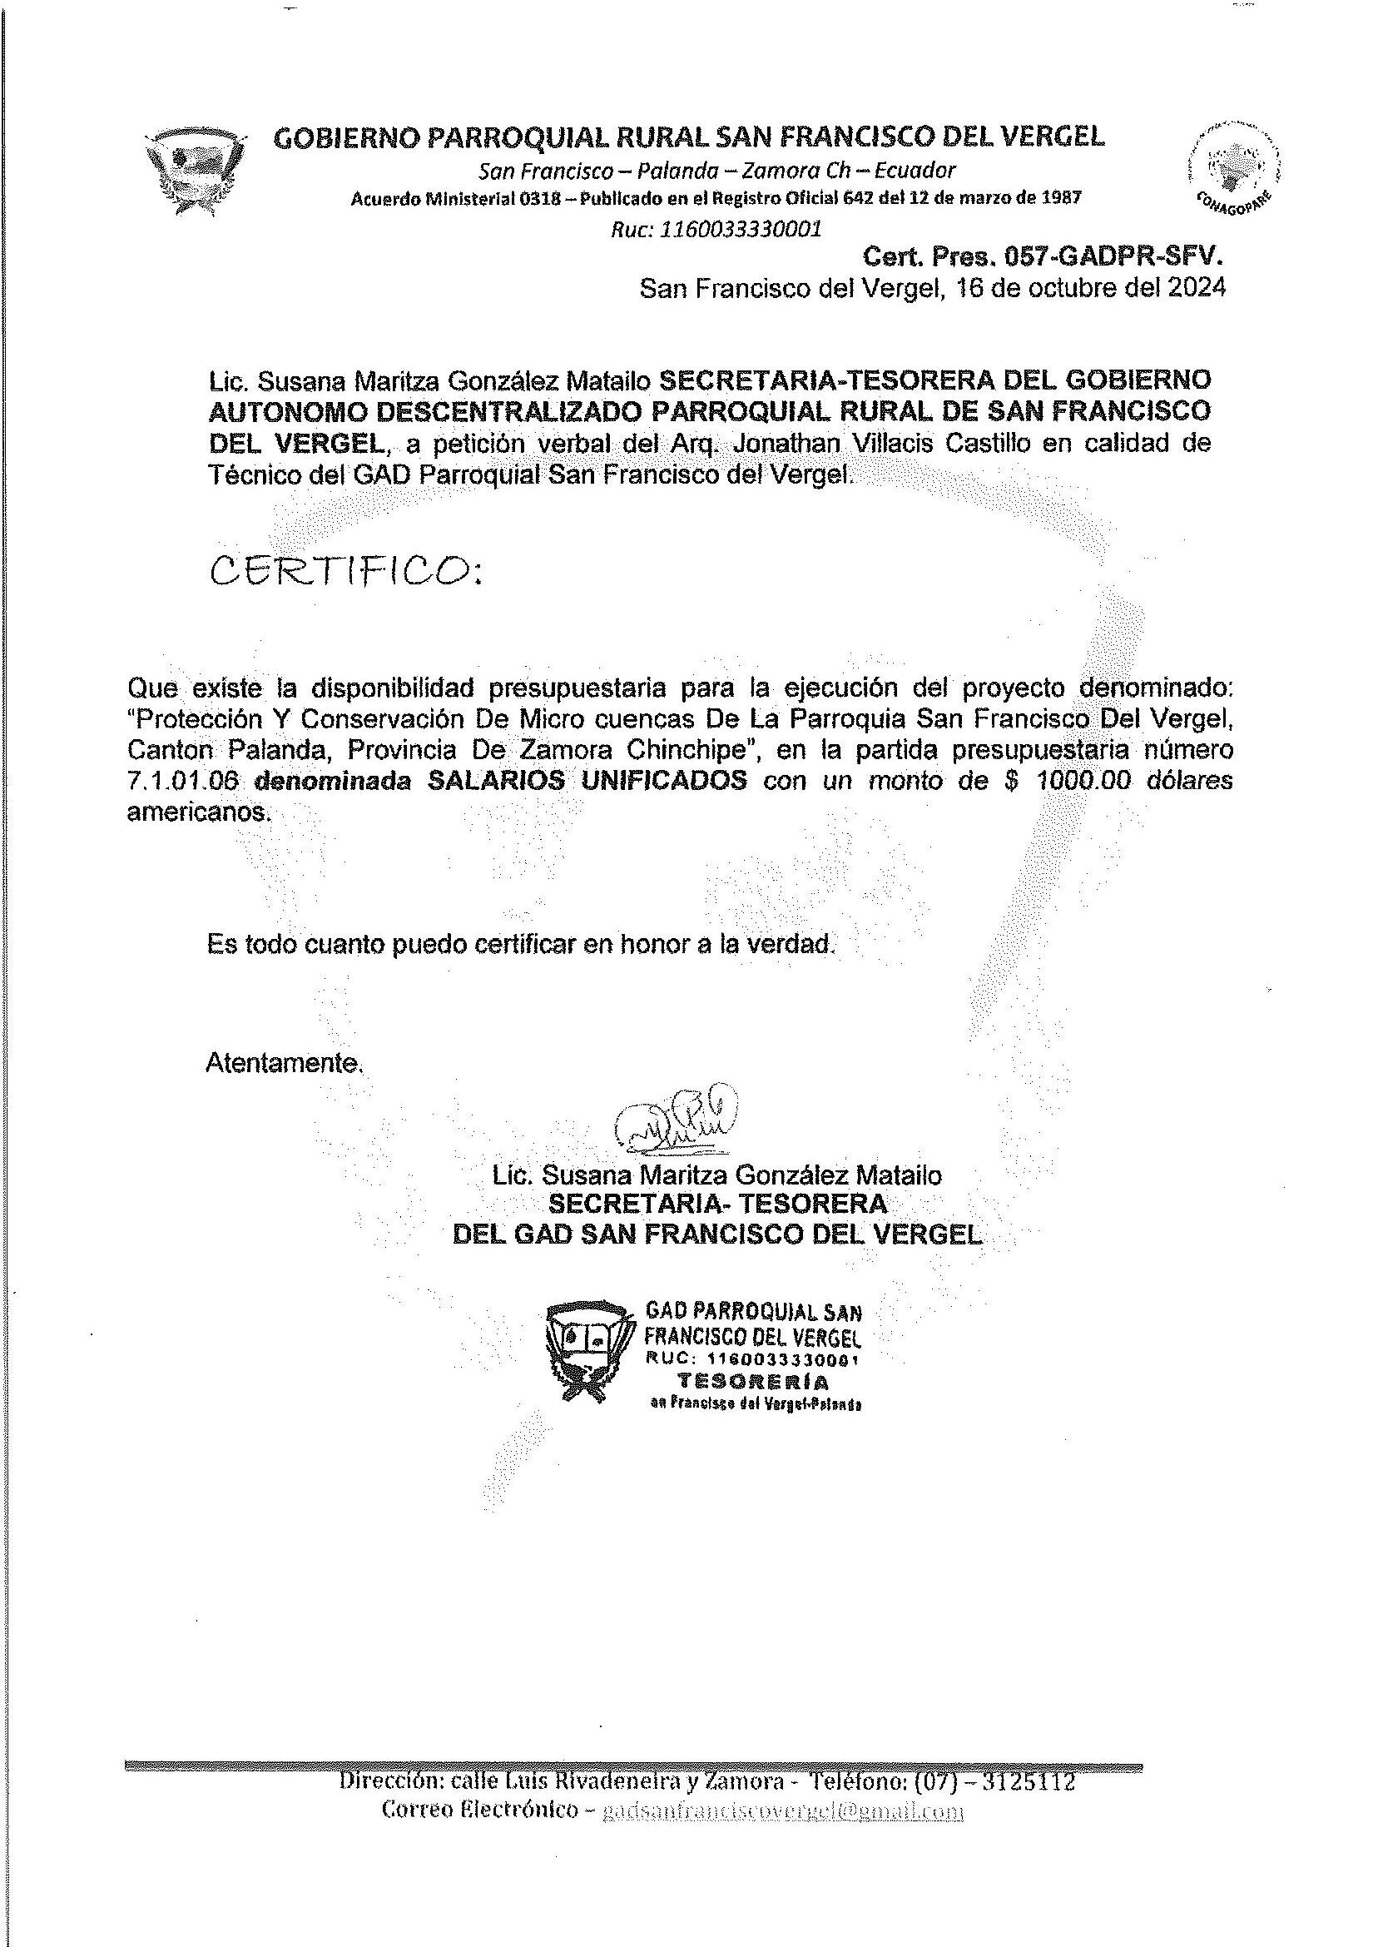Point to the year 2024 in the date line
[x=1197, y=289]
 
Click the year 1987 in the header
[x=1062, y=198]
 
